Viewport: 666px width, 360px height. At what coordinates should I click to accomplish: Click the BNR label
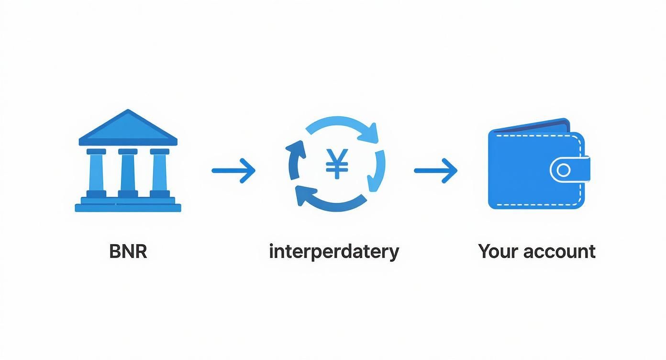click(x=128, y=251)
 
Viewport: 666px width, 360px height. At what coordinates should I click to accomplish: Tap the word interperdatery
click(x=334, y=252)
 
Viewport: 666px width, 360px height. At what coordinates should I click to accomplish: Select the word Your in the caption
click(x=499, y=251)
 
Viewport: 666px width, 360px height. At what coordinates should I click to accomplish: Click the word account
click(x=560, y=252)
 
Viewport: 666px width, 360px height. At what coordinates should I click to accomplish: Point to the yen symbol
click(x=337, y=164)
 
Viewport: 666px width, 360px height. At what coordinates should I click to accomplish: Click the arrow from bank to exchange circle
click(x=233, y=170)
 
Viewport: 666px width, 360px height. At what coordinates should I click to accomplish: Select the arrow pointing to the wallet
click(x=436, y=170)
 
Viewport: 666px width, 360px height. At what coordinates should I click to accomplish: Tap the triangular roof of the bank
click(x=128, y=127)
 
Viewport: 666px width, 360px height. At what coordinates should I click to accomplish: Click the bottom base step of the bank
click(x=128, y=208)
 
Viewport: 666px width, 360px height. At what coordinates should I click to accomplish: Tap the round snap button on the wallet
click(x=564, y=170)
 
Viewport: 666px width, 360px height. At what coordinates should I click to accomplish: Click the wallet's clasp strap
click(x=570, y=169)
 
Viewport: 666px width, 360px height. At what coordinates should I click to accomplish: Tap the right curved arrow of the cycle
click(x=377, y=171)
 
